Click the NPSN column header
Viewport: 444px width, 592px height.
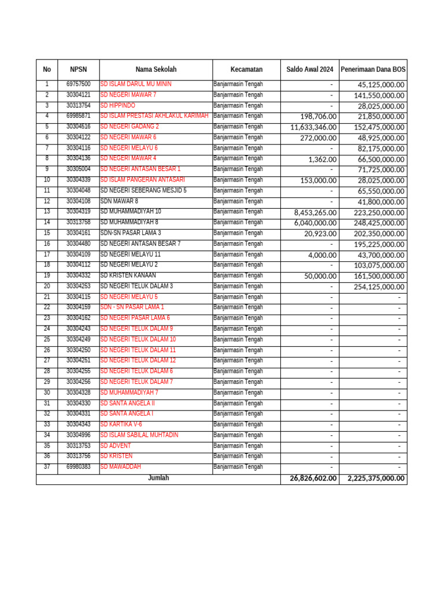point(78,69)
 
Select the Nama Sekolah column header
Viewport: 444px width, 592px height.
point(156,69)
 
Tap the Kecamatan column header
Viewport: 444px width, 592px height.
point(246,69)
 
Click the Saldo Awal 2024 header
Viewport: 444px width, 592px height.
point(310,69)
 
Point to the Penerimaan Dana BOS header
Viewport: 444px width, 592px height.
point(373,69)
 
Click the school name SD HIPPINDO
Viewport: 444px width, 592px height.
point(118,106)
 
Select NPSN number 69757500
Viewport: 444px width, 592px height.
point(78,84)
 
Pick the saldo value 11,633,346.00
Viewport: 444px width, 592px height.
point(313,127)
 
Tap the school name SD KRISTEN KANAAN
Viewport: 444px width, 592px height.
point(128,276)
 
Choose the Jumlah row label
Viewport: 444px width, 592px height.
point(158,478)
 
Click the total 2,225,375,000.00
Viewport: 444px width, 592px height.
point(376,479)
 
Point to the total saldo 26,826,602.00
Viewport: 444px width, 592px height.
point(312,479)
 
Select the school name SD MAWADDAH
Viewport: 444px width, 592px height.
point(120,467)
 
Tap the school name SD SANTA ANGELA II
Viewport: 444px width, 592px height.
point(128,404)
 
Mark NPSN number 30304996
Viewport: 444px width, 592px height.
point(78,435)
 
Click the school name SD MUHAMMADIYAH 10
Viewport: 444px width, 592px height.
point(131,212)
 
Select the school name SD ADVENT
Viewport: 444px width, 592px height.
point(116,446)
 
